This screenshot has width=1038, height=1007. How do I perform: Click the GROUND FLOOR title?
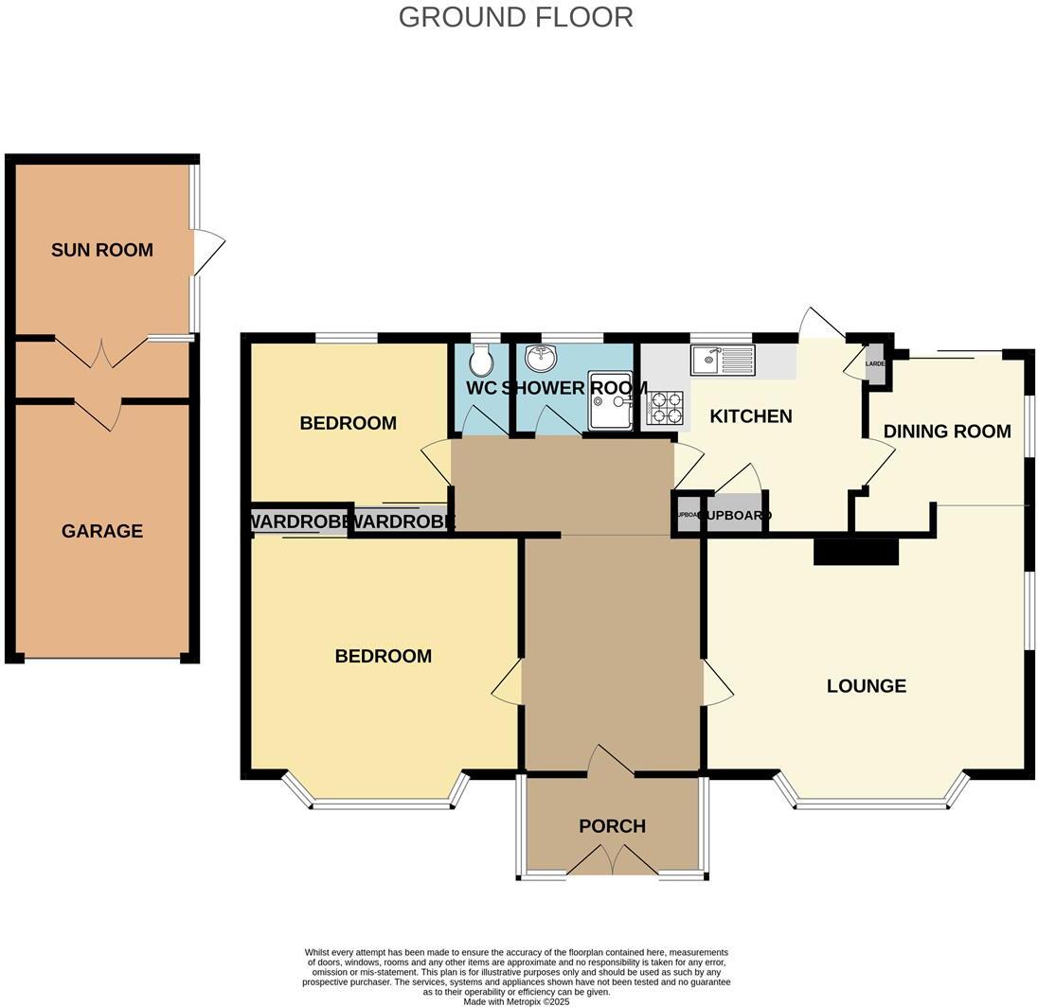tap(515, 17)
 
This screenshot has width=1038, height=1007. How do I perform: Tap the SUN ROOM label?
tap(101, 250)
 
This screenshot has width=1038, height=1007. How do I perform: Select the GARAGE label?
tap(102, 531)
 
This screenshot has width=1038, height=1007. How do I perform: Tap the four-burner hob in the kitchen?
tap(664, 407)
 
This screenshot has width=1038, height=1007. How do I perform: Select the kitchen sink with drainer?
tap(724, 360)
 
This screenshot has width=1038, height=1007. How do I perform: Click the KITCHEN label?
tap(751, 416)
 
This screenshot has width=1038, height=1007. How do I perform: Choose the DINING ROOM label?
tap(947, 432)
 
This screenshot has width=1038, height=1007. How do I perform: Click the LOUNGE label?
tap(866, 686)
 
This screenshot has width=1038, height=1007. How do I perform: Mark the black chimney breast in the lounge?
tap(855, 551)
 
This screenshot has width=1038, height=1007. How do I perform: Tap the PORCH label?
tap(612, 826)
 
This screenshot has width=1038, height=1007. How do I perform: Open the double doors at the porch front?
tap(613, 861)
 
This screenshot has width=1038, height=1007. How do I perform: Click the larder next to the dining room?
tap(876, 364)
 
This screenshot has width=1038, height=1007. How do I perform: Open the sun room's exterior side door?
tap(207, 252)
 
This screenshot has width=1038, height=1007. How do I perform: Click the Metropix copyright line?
tap(516, 1001)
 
